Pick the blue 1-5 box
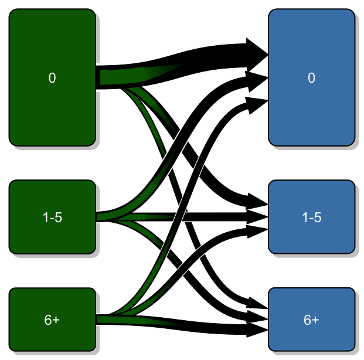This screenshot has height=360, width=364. pos(311,237)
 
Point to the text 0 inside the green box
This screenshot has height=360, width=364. pos(52,78)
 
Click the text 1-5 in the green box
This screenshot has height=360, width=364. pos(52,218)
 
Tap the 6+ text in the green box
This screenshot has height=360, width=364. pos(52,320)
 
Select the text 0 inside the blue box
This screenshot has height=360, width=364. pos(311,78)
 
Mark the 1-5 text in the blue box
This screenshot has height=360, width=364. pos(311,218)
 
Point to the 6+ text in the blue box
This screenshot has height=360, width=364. pos(311,320)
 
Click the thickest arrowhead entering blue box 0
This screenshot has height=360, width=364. pos(257,55)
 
